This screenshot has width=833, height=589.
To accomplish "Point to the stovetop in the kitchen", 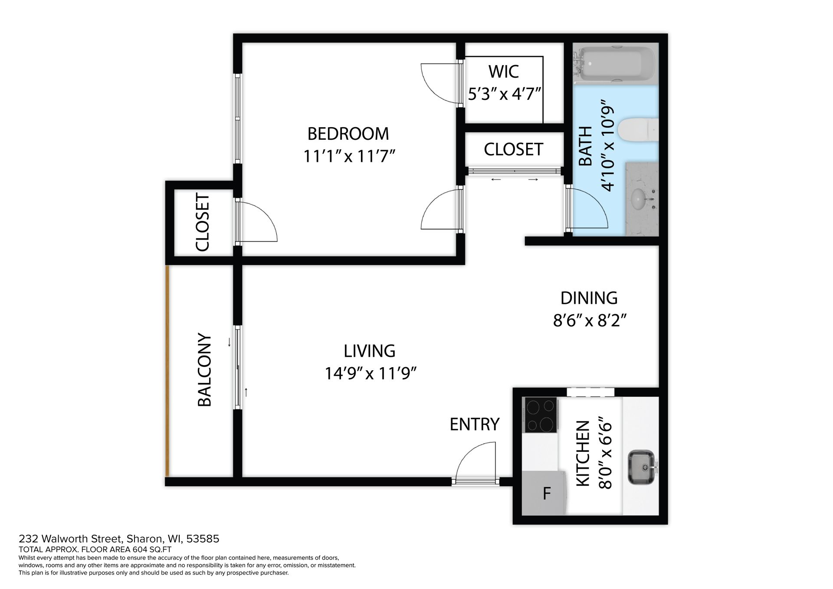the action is click(541, 415).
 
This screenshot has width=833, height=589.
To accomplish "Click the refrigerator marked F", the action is click(544, 493).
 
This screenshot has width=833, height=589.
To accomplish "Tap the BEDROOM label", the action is click(348, 134).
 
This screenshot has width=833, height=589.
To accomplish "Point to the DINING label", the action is click(589, 298).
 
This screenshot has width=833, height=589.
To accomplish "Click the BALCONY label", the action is click(204, 370).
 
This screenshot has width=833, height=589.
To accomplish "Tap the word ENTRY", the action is click(475, 424).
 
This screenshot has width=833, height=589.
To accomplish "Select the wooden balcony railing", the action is click(167, 371).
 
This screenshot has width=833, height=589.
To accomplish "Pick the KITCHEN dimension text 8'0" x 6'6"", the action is click(605, 453).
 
